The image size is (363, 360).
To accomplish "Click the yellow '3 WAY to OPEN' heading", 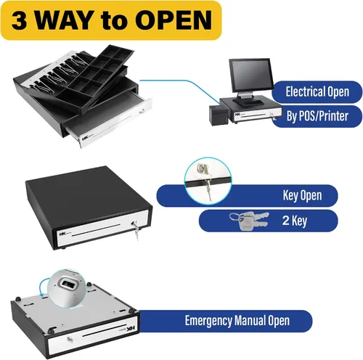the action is pos(111,20).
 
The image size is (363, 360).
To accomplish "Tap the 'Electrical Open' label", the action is pos(317,91).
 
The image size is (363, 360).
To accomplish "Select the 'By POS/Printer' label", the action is pos(317,116).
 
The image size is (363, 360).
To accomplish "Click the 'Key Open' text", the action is pos(302,195).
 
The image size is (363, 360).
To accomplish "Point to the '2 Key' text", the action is pos(295,221).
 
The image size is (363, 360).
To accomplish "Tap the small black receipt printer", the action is pos(219,115).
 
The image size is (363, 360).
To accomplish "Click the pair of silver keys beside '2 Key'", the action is pos(249,221).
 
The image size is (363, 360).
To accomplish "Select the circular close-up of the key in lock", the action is pos(208,180).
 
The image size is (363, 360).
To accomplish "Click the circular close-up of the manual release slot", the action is pos(66,288).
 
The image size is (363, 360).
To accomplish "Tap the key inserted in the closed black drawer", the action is pos(135,229).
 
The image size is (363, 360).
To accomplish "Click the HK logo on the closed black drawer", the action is pos(62,234).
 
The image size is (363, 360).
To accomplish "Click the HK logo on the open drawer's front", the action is pos(85,139).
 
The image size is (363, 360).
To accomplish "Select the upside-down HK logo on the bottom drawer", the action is pos(131,329).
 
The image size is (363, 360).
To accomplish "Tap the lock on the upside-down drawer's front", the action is pos(70,340).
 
